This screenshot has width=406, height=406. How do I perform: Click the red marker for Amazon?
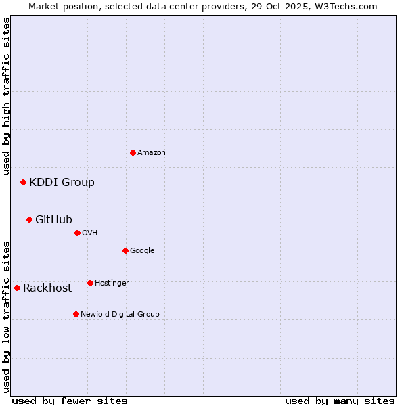pyautogui.click(x=133, y=152)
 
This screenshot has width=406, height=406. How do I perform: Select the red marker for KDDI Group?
pyautogui.click(x=23, y=182)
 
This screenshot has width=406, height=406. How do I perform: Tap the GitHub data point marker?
pyautogui.click(x=29, y=219)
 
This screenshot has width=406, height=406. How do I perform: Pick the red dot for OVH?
pyautogui.click(x=77, y=233)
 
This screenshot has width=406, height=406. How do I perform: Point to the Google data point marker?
pyautogui.click(x=125, y=250)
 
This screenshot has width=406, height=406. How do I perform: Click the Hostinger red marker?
pyautogui.click(x=90, y=283)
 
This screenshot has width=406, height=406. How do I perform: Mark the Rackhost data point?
pyautogui.click(x=17, y=288)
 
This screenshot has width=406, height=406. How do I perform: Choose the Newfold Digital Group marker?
pyautogui.click(x=76, y=314)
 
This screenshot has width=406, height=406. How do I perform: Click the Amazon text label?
pyautogui.click(x=152, y=153)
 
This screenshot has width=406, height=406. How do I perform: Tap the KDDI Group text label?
pyautogui.click(x=62, y=183)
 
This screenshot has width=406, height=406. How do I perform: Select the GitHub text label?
pyautogui.click(x=53, y=219)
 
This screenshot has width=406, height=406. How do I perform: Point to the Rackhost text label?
pyautogui.click(x=47, y=288)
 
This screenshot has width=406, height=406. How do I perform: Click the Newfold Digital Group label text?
pyautogui.click(x=120, y=314)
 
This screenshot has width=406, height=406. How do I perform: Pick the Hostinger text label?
pyautogui.click(x=112, y=283)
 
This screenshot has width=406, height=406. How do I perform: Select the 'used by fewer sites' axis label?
pyautogui.click(x=70, y=401)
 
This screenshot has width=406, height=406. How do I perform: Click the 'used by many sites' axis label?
pyautogui.click(x=340, y=401)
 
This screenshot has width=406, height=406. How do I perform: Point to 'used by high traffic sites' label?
pyautogui.click(x=6, y=97)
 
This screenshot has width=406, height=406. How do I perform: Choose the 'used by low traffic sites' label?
pyautogui.click(x=6, y=316)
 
